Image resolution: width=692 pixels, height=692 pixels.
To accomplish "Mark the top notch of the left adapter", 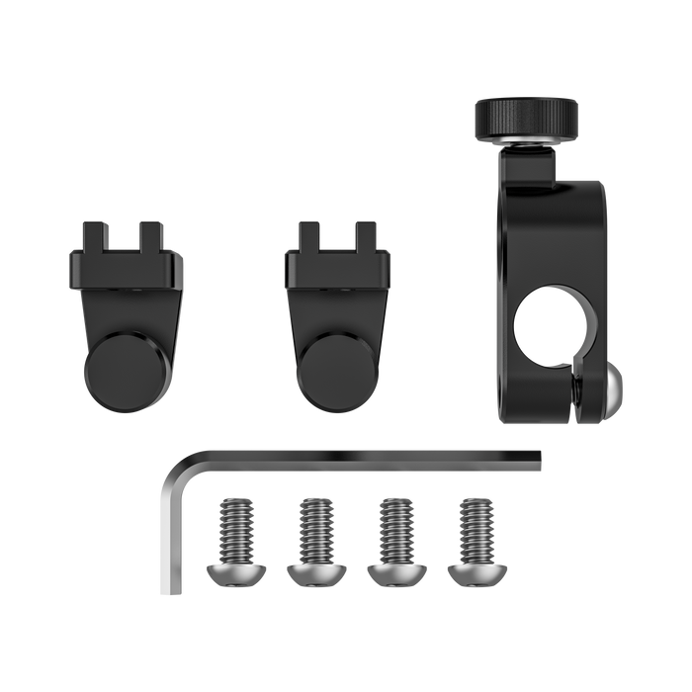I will coord(126,235).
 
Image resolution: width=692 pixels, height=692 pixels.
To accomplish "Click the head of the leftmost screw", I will coord(234,568).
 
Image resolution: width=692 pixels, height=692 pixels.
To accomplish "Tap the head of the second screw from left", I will coord(314,568).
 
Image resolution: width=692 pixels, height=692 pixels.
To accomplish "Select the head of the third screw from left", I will coord(394,568).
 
